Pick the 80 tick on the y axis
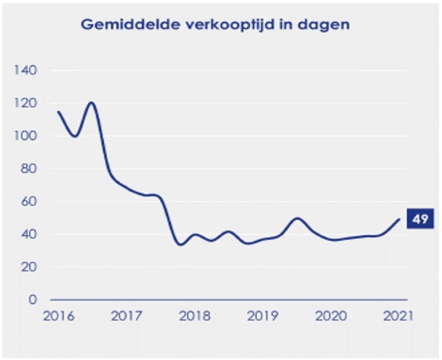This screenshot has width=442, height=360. [x=30, y=169]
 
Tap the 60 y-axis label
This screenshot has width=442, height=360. [x=30, y=202]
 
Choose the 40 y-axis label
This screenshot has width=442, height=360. [x=30, y=234]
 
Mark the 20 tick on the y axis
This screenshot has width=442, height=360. [x=30, y=267]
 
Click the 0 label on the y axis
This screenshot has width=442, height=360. [x=33, y=300]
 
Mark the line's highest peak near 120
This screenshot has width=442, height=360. [x=92, y=102]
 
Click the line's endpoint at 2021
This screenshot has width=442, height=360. [x=399, y=220]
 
